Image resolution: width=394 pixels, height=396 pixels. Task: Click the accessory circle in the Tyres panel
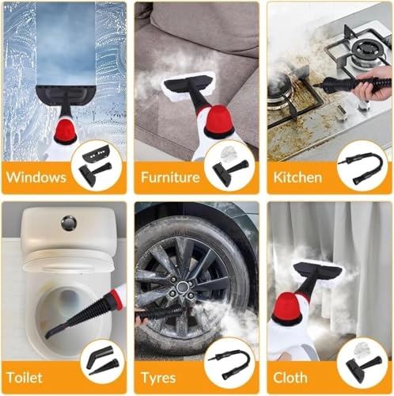coord(229,364)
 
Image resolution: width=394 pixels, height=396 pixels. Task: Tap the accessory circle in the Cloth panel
coord(362,364)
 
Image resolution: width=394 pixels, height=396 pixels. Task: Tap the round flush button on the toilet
coord(70,223)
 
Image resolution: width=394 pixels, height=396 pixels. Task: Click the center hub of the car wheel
coord(184,285)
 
